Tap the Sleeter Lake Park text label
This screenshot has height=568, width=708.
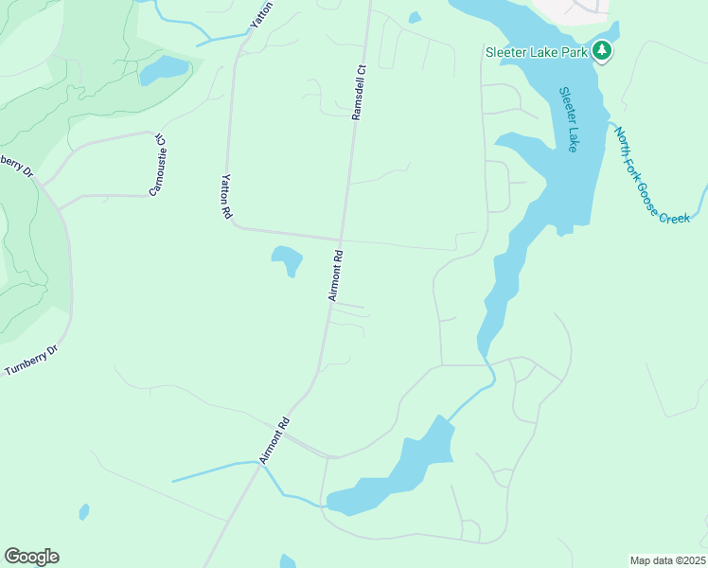click(536, 52)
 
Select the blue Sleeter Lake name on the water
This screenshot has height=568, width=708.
click(568, 119)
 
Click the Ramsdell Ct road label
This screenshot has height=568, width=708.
click(358, 92)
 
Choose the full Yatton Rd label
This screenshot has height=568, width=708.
click(226, 196)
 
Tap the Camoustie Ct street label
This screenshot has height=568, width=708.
click(157, 165)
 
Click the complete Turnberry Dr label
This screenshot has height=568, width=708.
click(31, 361)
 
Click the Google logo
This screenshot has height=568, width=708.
click(31, 557)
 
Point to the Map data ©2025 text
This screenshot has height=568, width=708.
click(667, 560)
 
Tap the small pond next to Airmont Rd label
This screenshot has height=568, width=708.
click(287, 259)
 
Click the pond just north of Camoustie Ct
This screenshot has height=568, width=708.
click(165, 69)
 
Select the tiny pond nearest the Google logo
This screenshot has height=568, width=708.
click(84, 511)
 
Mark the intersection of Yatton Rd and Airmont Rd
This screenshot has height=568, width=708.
click(342, 238)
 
